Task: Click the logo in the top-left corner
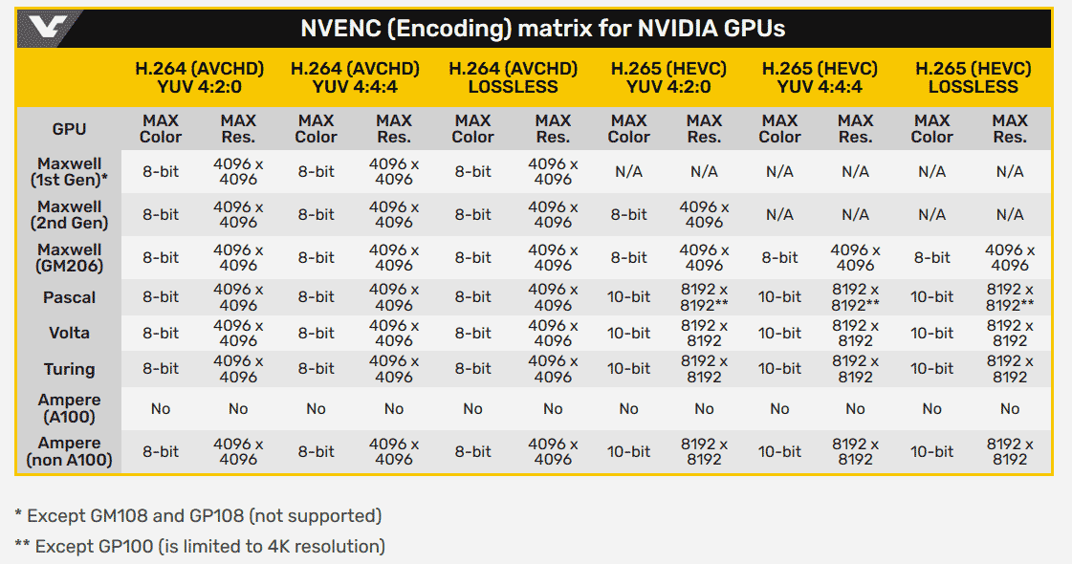tap(49, 28)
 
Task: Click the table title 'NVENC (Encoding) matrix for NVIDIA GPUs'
tap(542, 28)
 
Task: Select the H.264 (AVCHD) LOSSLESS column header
tap(513, 77)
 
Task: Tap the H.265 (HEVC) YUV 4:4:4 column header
tap(819, 77)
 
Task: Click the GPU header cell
tap(69, 129)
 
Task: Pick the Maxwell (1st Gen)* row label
tap(69, 171)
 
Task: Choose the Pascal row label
tap(69, 297)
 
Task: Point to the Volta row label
tap(69, 334)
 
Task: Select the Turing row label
tap(69, 369)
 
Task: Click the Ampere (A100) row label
tap(69, 408)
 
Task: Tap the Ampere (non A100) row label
tap(69, 451)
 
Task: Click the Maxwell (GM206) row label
tap(69, 257)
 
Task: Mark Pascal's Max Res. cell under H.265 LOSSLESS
tap(1010, 297)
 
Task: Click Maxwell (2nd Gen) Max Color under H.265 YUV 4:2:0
tap(628, 214)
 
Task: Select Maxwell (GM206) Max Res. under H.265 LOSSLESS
tap(1010, 257)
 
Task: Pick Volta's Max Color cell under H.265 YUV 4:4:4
tap(779, 334)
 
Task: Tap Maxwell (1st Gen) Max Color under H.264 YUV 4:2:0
tap(160, 171)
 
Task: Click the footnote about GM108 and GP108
tap(198, 516)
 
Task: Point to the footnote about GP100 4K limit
tap(200, 547)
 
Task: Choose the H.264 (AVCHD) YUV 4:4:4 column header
tap(354, 77)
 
